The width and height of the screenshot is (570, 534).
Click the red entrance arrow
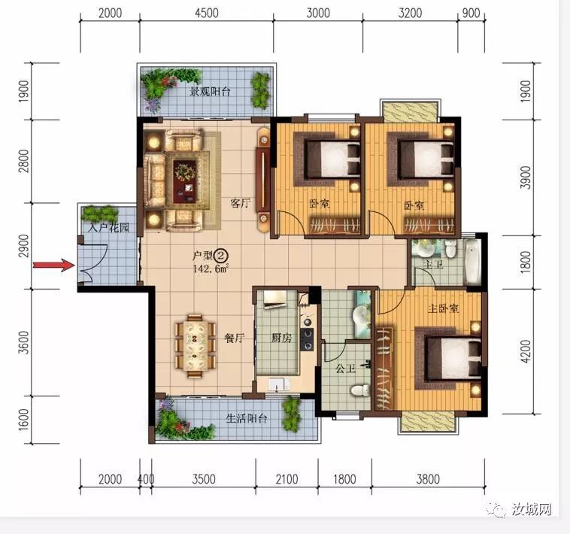(x=54, y=265)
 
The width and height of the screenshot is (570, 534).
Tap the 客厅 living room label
(x=241, y=203)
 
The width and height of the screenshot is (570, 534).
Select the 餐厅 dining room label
(x=235, y=338)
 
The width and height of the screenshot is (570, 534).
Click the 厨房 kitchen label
(x=282, y=338)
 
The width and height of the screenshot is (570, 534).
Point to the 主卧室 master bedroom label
(x=443, y=308)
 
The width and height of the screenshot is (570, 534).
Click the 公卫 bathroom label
(x=345, y=369)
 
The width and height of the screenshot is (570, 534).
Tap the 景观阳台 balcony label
(x=210, y=91)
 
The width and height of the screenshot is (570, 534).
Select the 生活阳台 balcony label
(x=247, y=418)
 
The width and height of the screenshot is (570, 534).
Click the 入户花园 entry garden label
(x=109, y=228)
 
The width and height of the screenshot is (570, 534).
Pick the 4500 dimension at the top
(x=207, y=13)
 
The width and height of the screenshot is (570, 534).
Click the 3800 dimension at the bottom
(x=428, y=479)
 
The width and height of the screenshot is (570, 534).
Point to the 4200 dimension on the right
(x=526, y=351)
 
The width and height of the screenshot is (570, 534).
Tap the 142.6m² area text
(x=211, y=269)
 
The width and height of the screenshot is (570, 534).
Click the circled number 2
(x=220, y=255)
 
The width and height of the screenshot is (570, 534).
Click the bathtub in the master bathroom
(x=472, y=260)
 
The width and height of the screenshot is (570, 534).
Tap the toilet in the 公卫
(x=360, y=391)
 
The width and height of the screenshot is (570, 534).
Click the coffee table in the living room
(x=185, y=181)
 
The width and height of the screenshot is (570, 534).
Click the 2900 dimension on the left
(x=23, y=246)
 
